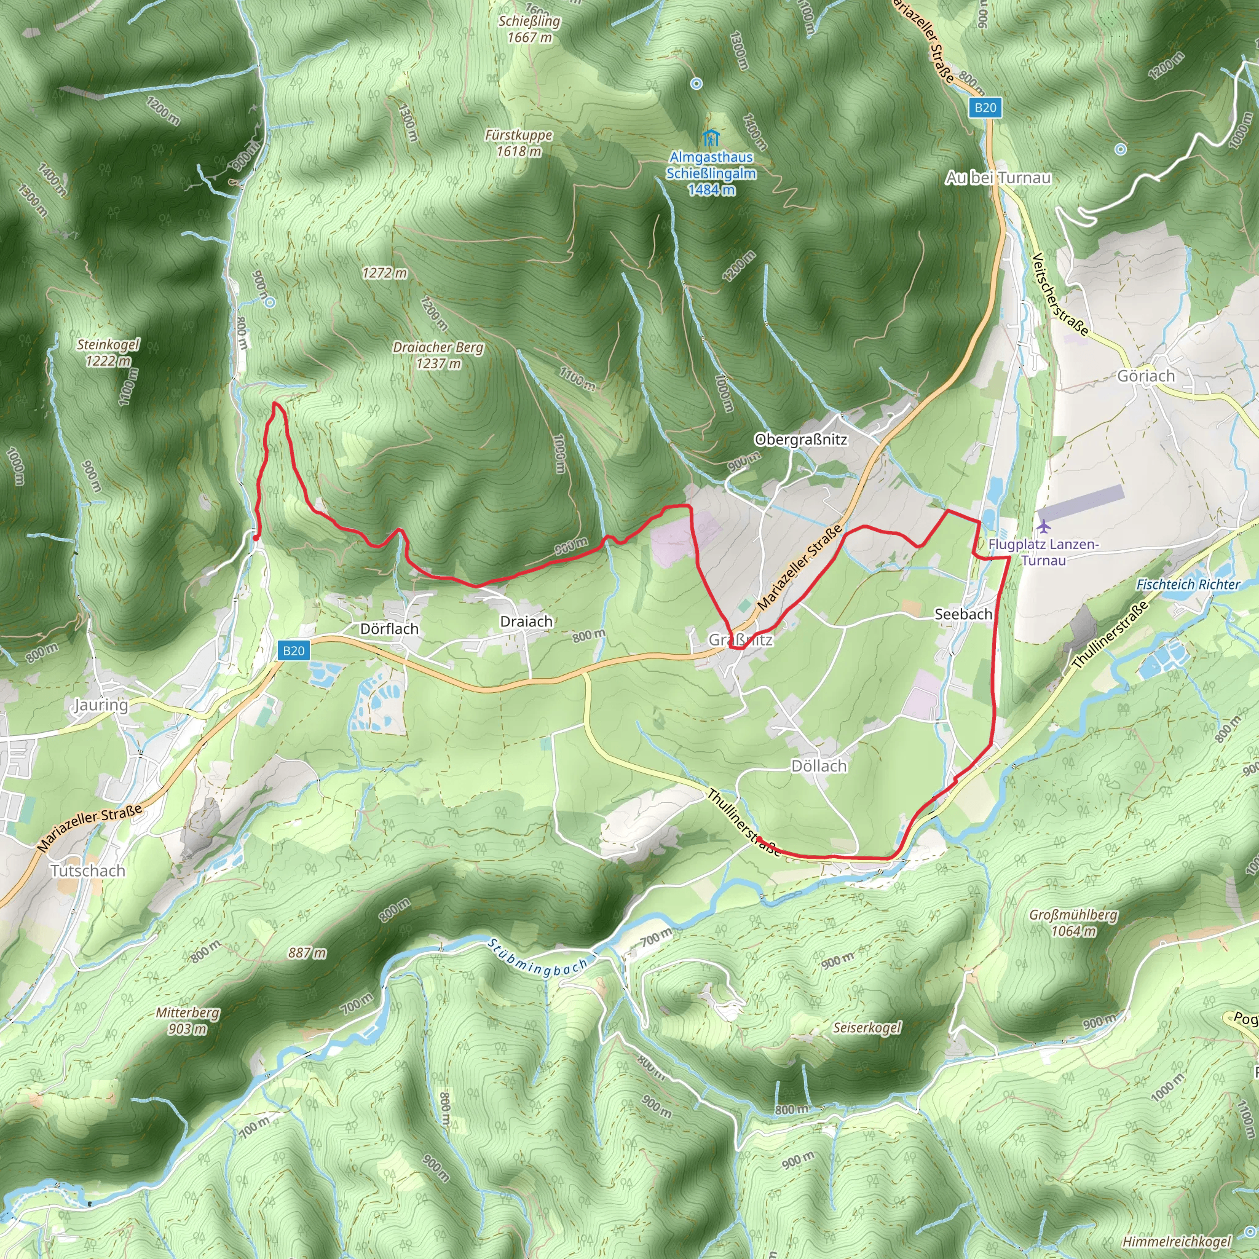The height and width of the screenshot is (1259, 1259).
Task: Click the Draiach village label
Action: pyautogui.click(x=526, y=622)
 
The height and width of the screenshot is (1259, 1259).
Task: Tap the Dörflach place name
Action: pyautogui.click(x=389, y=629)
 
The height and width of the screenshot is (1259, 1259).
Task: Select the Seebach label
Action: pyautogui.click(x=963, y=614)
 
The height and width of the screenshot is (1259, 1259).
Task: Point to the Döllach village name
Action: pyautogui.click(x=818, y=766)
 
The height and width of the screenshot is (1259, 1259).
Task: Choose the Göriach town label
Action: pyautogui.click(x=1147, y=376)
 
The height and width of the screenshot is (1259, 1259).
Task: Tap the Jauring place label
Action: pyautogui.click(x=100, y=704)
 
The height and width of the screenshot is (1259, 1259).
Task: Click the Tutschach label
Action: pyautogui.click(x=88, y=870)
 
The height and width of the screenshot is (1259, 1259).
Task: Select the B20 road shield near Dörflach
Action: pyautogui.click(x=293, y=650)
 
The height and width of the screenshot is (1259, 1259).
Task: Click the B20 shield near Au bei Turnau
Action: pyautogui.click(x=985, y=108)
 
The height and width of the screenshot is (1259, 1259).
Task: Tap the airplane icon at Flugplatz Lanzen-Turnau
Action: pyautogui.click(x=1044, y=526)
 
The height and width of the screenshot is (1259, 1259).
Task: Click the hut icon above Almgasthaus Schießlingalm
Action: pyautogui.click(x=710, y=138)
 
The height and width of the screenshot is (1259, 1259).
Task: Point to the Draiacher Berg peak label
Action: pyautogui.click(x=438, y=355)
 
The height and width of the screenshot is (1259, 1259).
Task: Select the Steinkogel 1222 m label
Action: pyautogui.click(x=108, y=352)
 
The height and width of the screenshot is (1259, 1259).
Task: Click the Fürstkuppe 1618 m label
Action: pyautogui.click(x=519, y=143)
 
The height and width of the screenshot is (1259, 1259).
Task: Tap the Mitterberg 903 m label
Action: pyautogui.click(x=187, y=1020)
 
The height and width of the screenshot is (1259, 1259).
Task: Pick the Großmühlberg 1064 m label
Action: pyautogui.click(x=1073, y=923)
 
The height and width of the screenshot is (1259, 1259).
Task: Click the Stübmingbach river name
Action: pyautogui.click(x=539, y=957)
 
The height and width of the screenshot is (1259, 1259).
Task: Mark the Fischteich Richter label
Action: pyautogui.click(x=1188, y=585)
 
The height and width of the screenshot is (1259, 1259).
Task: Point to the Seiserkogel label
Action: pyautogui.click(x=867, y=1028)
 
